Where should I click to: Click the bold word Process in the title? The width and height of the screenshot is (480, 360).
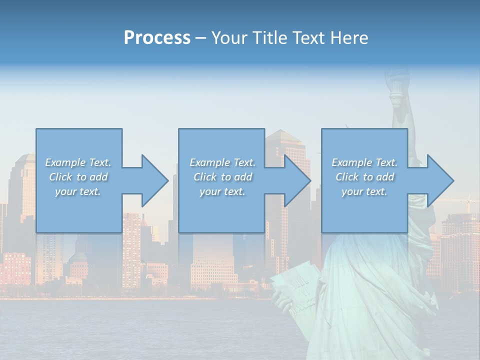click(157, 38)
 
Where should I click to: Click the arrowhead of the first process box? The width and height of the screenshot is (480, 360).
click(154, 180)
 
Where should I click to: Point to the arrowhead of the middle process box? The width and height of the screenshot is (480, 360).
click(297, 180)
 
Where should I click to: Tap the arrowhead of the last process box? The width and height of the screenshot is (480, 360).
click(440, 180)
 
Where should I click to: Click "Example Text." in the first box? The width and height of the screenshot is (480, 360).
click(78, 162)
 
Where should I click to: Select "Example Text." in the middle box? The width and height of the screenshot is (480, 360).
click(222, 162)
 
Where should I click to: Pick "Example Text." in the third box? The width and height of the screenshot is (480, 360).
click(364, 162)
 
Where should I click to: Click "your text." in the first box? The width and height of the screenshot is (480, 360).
click(78, 191)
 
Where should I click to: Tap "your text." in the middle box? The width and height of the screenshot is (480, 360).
click(222, 191)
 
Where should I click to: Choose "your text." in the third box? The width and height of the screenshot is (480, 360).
click(364, 191)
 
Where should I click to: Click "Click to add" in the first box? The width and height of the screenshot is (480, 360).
click(78, 177)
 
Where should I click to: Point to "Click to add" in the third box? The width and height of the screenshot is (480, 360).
click(364, 177)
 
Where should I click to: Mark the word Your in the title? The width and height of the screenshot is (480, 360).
click(229, 38)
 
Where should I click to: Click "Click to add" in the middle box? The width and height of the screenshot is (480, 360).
click(222, 177)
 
